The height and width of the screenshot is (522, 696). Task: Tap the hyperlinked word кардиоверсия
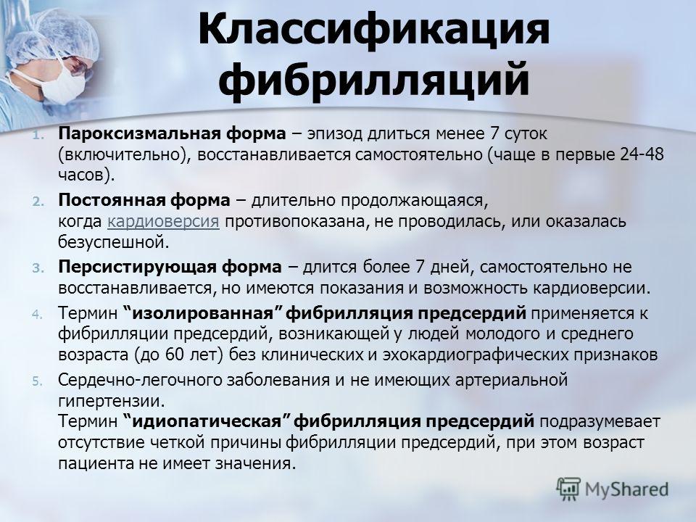(163, 222)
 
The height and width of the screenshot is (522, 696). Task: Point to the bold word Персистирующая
(137, 268)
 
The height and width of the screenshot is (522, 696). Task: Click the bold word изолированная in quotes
(202, 313)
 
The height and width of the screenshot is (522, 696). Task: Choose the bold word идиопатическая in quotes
(207, 420)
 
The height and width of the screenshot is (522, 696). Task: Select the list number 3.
(38, 268)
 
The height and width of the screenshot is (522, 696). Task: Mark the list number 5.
(38, 381)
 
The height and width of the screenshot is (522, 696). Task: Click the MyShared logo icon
(568, 489)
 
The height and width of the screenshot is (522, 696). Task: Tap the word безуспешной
(114, 242)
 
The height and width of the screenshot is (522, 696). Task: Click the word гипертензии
(112, 401)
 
